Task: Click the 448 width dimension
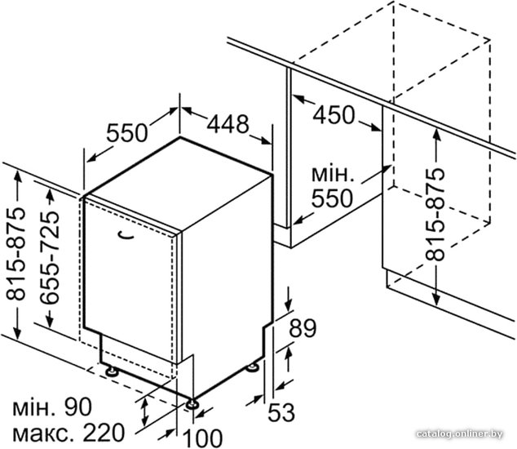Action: [x=228, y=124]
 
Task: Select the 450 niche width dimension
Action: [x=334, y=115]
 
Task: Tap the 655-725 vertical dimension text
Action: [x=50, y=257]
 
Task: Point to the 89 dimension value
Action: [x=303, y=328]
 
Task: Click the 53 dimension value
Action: [x=281, y=412]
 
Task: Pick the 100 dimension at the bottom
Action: [x=202, y=438]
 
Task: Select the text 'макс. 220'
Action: [x=68, y=433]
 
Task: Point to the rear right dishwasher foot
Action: [x=253, y=367]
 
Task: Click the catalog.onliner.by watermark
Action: [x=459, y=433]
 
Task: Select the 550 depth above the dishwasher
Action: [x=127, y=133]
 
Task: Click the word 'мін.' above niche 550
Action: [x=333, y=175]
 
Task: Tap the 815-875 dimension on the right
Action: [x=435, y=215]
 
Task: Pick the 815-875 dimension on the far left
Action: [x=15, y=254]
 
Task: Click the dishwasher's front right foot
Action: [x=192, y=404]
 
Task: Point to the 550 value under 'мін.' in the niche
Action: [x=333, y=198]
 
